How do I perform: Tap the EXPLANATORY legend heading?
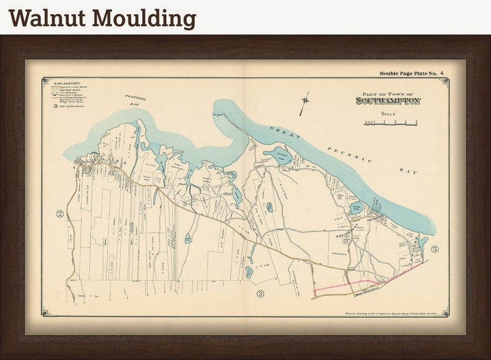pyautogui.click(x=67, y=82)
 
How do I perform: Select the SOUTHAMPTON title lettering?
pyautogui.click(x=388, y=100)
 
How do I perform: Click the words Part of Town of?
pyautogui.click(x=388, y=93)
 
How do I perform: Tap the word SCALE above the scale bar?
pyautogui.click(x=388, y=114)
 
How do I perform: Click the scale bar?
pyautogui.click(x=390, y=122)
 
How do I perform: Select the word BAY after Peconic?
pyautogui.click(x=409, y=171)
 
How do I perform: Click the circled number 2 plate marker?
pyautogui.click(x=60, y=215)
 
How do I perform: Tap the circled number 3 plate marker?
pyautogui.click(x=260, y=293)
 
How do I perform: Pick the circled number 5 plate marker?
pyautogui.click(x=435, y=249)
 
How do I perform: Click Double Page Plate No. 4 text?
pyautogui.click(x=411, y=74)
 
